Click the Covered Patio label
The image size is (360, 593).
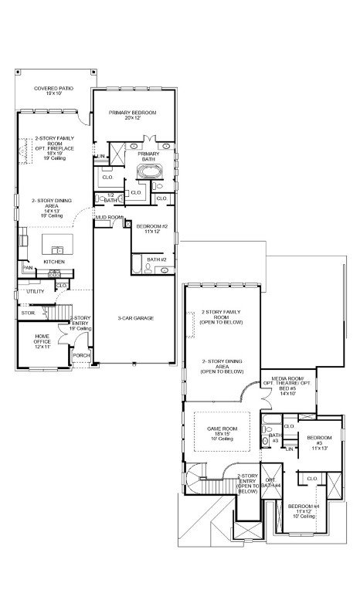54,92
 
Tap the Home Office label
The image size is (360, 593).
42,343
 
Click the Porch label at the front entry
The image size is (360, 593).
80,355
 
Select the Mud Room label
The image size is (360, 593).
109,218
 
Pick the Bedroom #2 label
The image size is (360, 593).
151,229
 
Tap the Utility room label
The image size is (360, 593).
35,292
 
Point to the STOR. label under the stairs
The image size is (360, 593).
29,313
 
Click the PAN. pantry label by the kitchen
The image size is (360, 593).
27,268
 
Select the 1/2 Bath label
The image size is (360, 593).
110,198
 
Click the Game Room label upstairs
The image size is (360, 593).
222,431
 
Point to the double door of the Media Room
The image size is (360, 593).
264,395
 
